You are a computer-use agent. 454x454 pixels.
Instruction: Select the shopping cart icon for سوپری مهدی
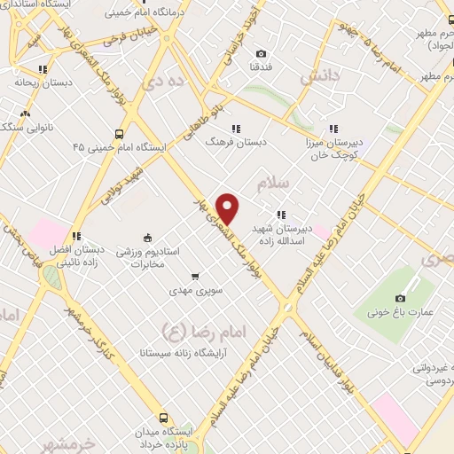[195, 276]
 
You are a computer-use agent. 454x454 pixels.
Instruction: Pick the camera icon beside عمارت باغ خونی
[400, 298]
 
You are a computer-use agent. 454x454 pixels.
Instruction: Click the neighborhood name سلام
[273, 184]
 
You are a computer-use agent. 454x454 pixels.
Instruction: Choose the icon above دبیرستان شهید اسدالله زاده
[281, 214]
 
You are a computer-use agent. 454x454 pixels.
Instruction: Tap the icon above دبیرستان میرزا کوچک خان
[333, 127]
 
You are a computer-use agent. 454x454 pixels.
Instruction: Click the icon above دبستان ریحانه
[42, 68]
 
